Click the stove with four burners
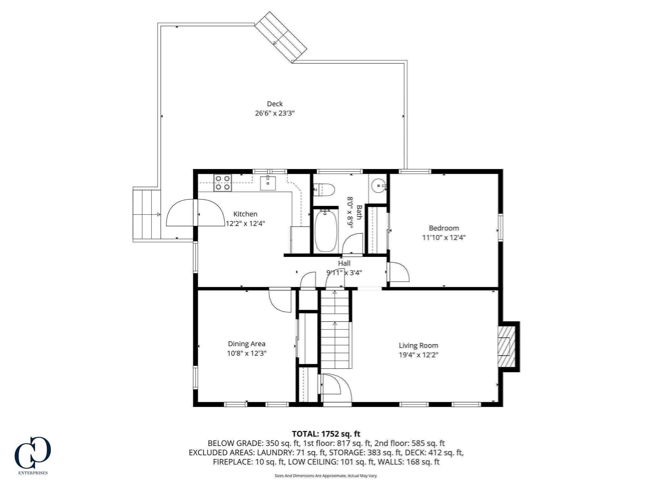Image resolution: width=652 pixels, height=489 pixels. pyautogui.click(x=223, y=183)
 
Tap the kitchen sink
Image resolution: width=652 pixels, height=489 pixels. pyautogui.click(x=268, y=183)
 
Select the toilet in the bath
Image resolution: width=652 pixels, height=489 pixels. pyautogui.click(x=325, y=190)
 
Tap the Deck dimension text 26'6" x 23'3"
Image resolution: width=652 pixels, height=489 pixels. pyautogui.click(x=275, y=113)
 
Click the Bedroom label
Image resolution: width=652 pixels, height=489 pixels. pyautogui.click(x=444, y=228)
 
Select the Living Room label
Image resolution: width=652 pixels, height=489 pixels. pyautogui.click(x=418, y=345)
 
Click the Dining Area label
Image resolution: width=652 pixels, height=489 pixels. pyautogui.click(x=246, y=344)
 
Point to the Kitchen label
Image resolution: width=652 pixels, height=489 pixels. pyautogui.click(x=245, y=214)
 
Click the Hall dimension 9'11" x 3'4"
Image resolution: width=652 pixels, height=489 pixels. pyautogui.click(x=344, y=273)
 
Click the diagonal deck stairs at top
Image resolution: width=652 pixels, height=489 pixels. pyautogui.click(x=280, y=37)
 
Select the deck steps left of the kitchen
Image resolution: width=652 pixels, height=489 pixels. pyautogui.click(x=147, y=214)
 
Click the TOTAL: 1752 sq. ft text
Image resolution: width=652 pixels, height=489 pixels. pyautogui.click(x=326, y=434)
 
